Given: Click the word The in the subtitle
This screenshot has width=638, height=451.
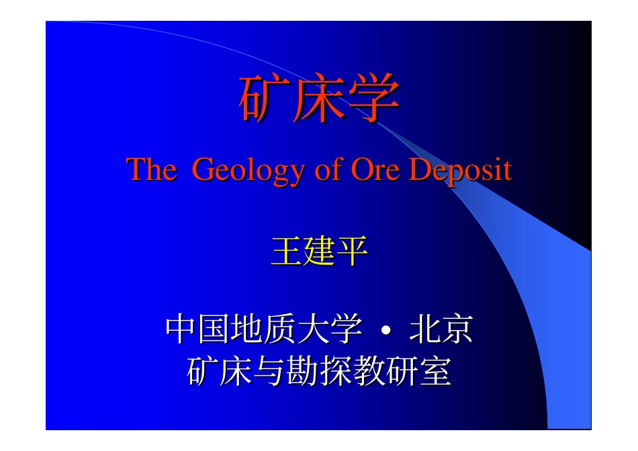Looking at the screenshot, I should [152, 170].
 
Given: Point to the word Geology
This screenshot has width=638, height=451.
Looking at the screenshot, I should [249, 170].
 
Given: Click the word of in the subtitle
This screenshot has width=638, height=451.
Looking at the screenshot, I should [328, 170].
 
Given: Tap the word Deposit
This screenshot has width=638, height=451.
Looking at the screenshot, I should [461, 170].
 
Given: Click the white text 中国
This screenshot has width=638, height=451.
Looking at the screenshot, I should [198, 330].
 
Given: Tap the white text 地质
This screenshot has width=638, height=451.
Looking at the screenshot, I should [264, 330].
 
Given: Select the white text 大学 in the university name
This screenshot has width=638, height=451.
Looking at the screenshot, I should [330, 330].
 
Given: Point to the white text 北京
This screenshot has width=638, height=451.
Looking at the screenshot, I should [440, 330].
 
